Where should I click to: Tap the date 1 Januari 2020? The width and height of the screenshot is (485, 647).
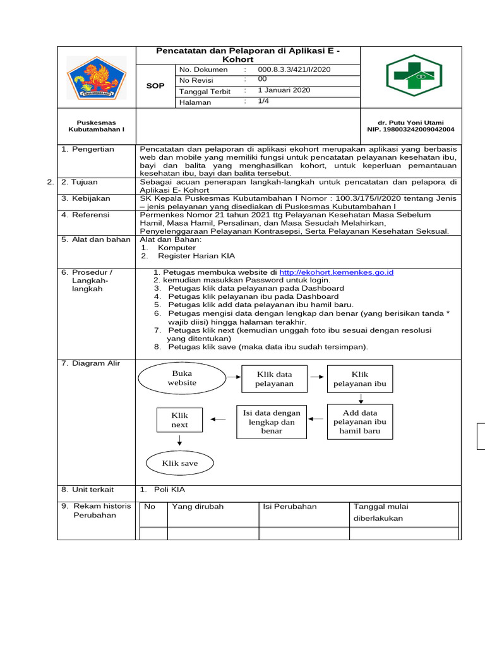click(x=284, y=90)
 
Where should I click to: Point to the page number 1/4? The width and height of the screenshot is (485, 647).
click(x=263, y=101)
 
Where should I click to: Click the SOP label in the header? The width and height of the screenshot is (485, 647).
click(x=155, y=85)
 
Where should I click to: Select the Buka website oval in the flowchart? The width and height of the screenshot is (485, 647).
click(x=182, y=378)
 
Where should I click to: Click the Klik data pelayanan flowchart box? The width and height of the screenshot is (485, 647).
click(x=274, y=379)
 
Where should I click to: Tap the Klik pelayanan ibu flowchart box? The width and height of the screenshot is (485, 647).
click(x=360, y=379)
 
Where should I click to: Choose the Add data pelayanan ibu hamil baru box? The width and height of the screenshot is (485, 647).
click(x=360, y=422)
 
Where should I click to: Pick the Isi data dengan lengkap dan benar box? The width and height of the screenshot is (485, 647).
click(x=272, y=422)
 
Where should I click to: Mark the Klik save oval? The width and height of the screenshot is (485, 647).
click(x=180, y=463)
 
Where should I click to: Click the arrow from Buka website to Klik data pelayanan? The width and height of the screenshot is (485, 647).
click(x=234, y=377)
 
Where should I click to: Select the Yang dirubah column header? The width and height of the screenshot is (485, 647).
click(x=198, y=507)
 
